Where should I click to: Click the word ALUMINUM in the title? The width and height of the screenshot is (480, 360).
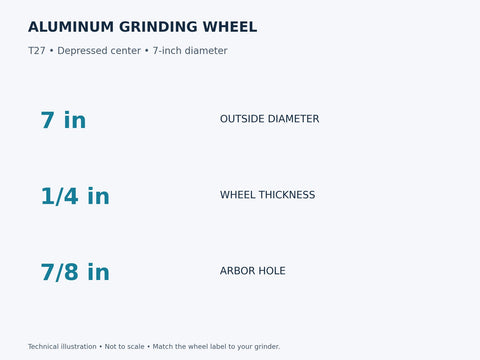[x=71, y=27]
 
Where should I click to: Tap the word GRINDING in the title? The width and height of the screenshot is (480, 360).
[x=158, y=27]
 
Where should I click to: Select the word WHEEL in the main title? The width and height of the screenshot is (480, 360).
[x=230, y=27]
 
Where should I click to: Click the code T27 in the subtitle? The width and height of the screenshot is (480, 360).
[x=37, y=51]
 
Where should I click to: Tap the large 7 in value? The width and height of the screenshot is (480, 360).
[x=63, y=120]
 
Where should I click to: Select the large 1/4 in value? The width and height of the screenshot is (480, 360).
[x=75, y=196]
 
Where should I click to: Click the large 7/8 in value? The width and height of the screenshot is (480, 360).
[x=75, y=272]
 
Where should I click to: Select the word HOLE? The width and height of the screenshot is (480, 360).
[x=272, y=271]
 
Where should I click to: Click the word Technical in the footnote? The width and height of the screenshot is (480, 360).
[x=43, y=346]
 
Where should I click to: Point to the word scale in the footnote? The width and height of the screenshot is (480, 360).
[x=135, y=346]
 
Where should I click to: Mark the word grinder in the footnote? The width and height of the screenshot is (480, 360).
[x=267, y=347]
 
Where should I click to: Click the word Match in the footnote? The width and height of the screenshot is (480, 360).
[x=162, y=346]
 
